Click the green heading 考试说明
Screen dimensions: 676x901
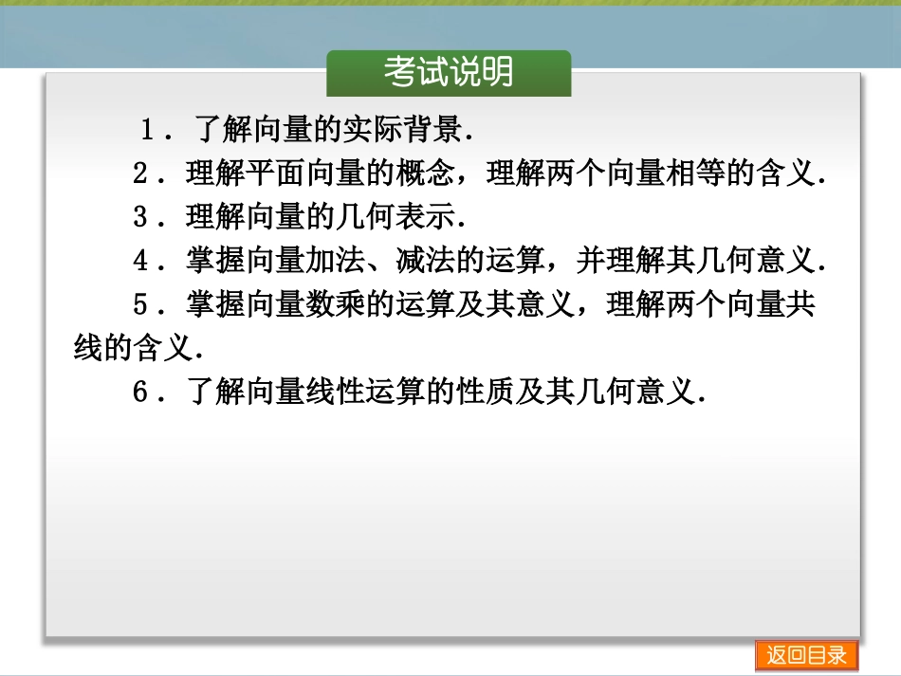pos(449,72)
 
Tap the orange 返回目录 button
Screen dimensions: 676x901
pos(806,655)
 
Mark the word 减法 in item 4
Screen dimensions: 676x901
pos(424,261)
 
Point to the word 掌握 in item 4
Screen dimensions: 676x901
pos(214,261)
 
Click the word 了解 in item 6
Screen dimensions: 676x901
pos(214,392)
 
